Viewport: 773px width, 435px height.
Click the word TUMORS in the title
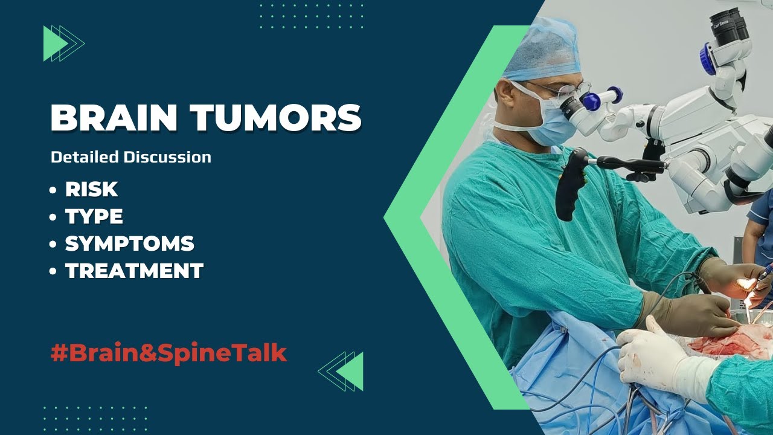click(277, 118)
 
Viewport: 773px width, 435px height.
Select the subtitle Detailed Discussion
click(131, 158)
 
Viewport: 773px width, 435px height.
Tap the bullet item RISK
click(91, 189)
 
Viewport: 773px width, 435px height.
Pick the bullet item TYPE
click(94, 216)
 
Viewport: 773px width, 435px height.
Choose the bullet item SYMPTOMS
click(129, 243)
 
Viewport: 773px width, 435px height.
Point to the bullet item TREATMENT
click(134, 271)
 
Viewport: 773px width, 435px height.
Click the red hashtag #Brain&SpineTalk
click(168, 353)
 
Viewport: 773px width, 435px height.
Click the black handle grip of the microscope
click(570, 184)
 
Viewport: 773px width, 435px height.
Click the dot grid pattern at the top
click(312, 16)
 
